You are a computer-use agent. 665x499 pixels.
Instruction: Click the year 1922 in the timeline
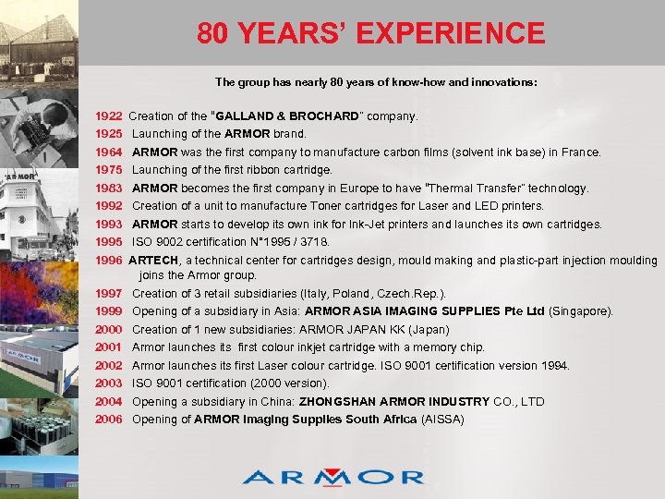tap(109, 116)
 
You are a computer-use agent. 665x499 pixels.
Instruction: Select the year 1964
tap(109, 152)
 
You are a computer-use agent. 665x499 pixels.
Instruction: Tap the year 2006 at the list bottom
tap(109, 420)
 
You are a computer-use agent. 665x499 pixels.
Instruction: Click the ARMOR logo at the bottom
tap(333, 476)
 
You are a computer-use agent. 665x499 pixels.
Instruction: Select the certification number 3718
tap(310, 242)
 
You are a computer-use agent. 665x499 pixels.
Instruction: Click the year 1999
tap(109, 311)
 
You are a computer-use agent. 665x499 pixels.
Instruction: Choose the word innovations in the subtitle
tap(502, 82)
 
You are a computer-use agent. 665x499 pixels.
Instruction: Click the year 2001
tap(109, 347)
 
